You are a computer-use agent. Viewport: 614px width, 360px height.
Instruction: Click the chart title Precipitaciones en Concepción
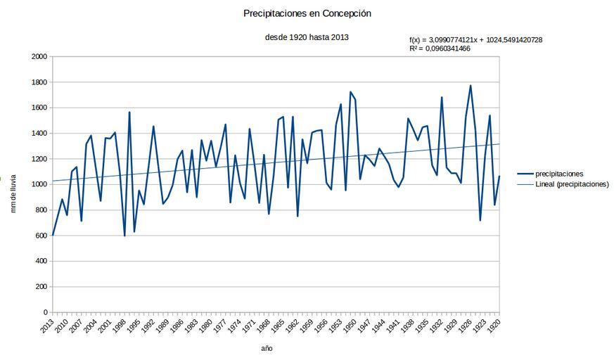307,13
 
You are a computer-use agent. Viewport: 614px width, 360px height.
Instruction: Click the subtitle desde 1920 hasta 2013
307,37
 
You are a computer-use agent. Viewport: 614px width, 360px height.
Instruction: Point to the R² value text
440,49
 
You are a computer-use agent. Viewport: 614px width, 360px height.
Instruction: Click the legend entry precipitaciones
559,174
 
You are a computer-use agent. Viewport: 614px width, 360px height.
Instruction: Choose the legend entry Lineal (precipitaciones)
572,184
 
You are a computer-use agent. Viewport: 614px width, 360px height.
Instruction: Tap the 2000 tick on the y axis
39,57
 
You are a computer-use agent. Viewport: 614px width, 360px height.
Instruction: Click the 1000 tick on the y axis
39,184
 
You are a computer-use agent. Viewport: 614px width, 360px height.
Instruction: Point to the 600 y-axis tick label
41,236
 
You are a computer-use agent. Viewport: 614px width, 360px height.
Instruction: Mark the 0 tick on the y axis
46,312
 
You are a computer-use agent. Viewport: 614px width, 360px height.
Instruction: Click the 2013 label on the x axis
47,326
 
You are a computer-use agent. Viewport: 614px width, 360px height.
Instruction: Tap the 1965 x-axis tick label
278,326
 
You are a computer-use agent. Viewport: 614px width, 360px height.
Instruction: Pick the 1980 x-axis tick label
205,326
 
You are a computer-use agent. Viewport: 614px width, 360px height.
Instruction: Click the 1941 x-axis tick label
393,326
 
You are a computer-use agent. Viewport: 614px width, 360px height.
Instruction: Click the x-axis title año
267,348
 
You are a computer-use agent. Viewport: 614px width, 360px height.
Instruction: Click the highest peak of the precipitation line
471,86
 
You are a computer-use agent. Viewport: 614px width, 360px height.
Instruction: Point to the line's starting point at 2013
53,235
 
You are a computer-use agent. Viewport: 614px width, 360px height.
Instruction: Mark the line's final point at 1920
499,176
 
